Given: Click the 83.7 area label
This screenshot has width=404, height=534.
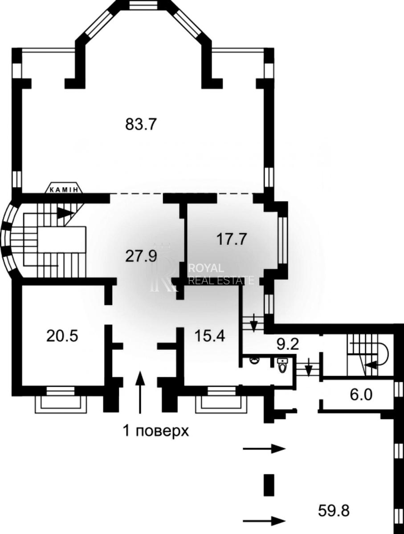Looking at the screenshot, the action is pyautogui.click(x=140, y=124).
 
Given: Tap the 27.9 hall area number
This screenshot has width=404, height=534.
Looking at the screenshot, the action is pyautogui.click(x=140, y=256).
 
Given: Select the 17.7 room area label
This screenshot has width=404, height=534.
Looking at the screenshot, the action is pyautogui.click(x=232, y=239).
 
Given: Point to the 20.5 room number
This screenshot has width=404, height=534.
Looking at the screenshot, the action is pyautogui.click(x=62, y=336).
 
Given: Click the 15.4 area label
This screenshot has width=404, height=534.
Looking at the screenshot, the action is pyautogui.click(x=209, y=336).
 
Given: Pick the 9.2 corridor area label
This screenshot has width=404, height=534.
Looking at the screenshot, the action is pyautogui.click(x=288, y=344).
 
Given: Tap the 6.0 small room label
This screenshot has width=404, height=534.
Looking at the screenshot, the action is pyautogui.click(x=361, y=395).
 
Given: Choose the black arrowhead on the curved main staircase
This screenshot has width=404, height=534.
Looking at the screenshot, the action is pyautogui.click(x=66, y=213).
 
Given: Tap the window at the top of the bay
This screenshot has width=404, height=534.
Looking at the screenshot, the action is pyautogui.click(x=140, y=5).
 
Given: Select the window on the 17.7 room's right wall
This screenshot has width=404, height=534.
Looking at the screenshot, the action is pyautogui.click(x=283, y=240).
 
